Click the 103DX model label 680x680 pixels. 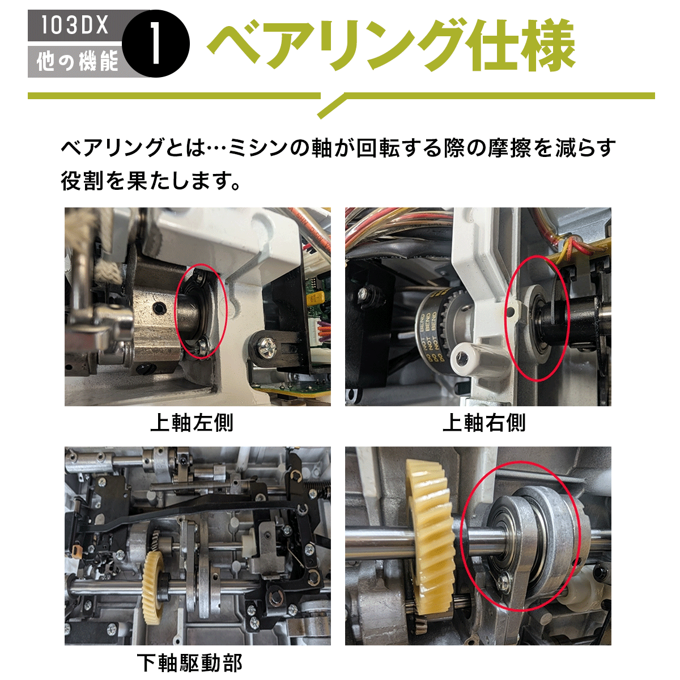click(74, 25)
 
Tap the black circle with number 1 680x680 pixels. click(156, 44)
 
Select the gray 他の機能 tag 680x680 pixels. click(77, 61)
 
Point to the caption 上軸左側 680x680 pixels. click(192, 423)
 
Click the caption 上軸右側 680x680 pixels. click(484, 423)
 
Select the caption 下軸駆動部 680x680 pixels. click(189, 662)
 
